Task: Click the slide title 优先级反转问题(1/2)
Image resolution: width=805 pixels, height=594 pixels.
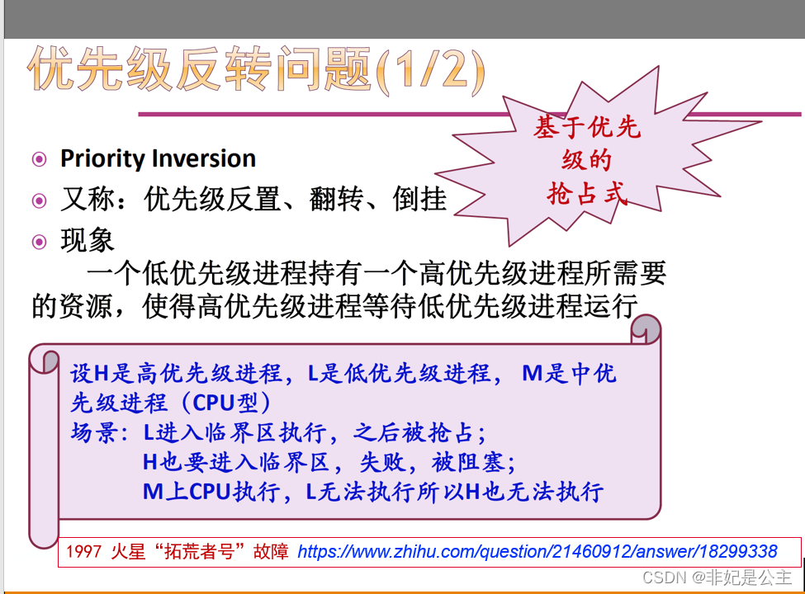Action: (x=256, y=69)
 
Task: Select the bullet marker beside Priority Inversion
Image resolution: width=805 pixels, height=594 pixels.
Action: (x=39, y=159)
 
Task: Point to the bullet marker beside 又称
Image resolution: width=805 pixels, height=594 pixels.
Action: (x=39, y=200)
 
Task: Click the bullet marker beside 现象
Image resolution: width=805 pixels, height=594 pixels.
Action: (x=39, y=242)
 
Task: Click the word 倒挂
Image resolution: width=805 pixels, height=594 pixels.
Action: (x=419, y=199)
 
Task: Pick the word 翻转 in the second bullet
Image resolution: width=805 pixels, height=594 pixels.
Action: (x=336, y=199)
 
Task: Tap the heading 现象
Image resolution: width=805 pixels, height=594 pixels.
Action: (x=88, y=240)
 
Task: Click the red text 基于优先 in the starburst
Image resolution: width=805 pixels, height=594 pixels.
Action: (x=587, y=127)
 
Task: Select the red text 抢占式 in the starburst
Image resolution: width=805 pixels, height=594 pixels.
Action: (x=587, y=193)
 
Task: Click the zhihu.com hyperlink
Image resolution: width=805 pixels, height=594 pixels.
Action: (x=537, y=551)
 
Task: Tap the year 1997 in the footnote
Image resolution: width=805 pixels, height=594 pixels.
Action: (x=83, y=552)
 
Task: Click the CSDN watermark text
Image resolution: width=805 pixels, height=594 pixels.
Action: (x=717, y=577)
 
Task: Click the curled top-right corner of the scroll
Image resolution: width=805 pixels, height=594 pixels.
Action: (x=646, y=329)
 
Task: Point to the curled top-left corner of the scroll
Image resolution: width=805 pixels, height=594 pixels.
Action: (x=44, y=359)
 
